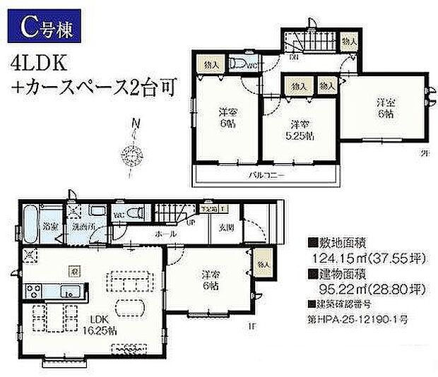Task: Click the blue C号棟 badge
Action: pos(47,28)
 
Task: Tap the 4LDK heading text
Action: pos(40,65)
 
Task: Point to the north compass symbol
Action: pos(132,152)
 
